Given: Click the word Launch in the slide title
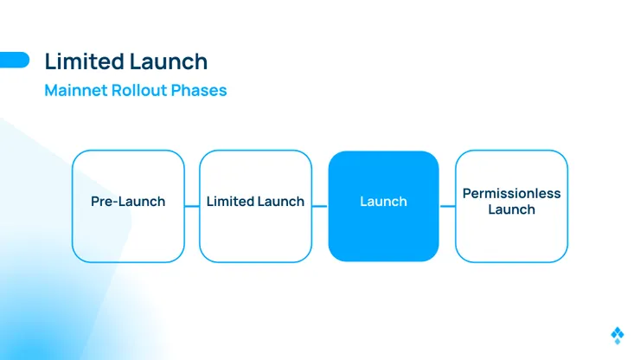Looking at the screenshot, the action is [x=169, y=61].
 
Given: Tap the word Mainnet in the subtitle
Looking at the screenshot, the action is [x=76, y=90].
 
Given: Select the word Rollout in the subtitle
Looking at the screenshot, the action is [x=139, y=90].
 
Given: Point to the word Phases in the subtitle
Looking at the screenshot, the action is [x=199, y=90].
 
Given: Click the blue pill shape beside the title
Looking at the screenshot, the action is [x=15, y=60].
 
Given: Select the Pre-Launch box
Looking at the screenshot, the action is [x=128, y=206].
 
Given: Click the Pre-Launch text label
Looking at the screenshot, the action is [x=128, y=202].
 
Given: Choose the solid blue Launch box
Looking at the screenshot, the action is [x=384, y=206].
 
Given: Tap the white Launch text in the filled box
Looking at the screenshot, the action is [x=384, y=202].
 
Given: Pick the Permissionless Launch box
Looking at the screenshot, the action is [x=511, y=206].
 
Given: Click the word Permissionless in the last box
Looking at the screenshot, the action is [x=511, y=193].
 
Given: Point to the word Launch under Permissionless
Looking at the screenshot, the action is [x=511, y=209].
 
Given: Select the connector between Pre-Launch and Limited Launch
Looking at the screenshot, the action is [x=192, y=206].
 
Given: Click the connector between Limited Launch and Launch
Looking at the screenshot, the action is [x=320, y=206].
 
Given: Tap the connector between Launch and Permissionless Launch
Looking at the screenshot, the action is [x=447, y=206].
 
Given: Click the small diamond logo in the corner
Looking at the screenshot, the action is [x=618, y=336].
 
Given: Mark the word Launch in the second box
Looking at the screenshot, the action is [x=281, y=202].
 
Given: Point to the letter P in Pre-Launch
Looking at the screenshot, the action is [x=95, y=202].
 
